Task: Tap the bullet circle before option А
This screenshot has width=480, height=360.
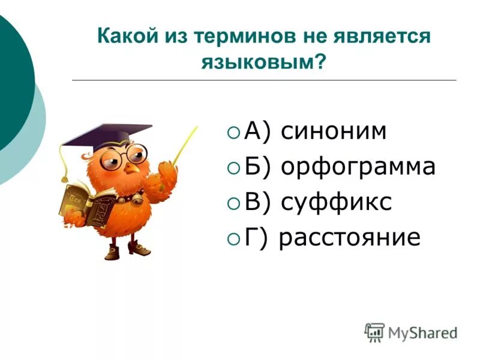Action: pos(233,132)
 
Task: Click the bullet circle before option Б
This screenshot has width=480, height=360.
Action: pos(233,167)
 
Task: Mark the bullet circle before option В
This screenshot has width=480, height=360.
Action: pos(233,203)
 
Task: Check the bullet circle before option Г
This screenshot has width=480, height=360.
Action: pos(233,238)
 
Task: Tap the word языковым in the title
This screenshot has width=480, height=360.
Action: pos(256,61)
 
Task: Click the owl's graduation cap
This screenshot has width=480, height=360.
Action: pos(108,134)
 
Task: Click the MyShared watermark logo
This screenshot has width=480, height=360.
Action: pos(411,332)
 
